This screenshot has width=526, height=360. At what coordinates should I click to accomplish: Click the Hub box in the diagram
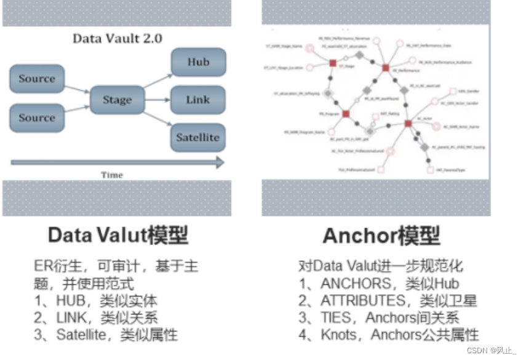198,62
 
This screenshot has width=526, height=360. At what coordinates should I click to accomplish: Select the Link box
198,99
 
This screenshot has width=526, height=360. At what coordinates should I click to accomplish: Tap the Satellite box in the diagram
198,137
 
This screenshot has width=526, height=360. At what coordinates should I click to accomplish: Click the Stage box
117,100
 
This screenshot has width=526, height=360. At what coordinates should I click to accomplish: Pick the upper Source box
37,79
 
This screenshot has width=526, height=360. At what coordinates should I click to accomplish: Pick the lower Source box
37,118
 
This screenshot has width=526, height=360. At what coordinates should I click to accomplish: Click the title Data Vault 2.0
118,38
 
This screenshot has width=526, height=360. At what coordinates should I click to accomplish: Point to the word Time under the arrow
112,175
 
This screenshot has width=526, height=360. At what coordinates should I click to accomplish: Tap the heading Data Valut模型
118,236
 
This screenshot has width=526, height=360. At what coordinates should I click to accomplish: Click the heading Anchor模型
381,236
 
